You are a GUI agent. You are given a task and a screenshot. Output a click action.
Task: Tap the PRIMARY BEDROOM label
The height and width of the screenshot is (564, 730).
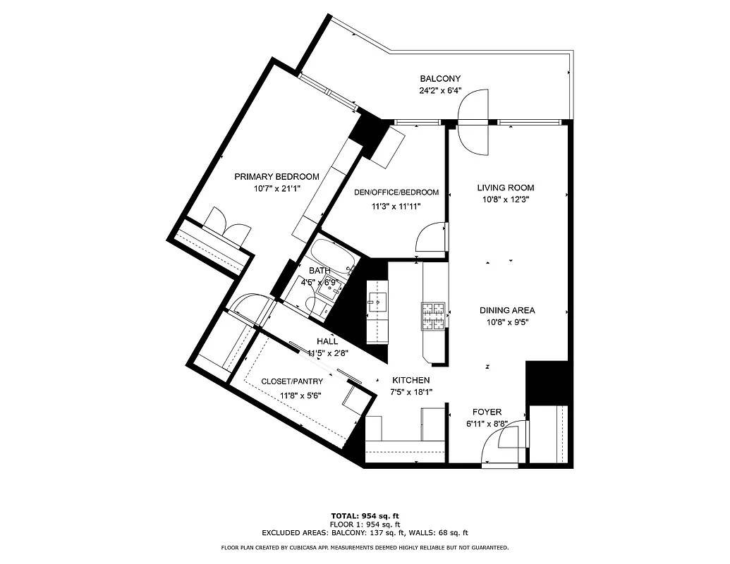click(x=276, y=177)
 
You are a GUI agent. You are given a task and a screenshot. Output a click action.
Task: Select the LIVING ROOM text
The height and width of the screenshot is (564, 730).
click(x=505, y=188)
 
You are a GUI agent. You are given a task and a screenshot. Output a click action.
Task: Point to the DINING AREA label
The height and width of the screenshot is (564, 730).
click(x=506, y=310)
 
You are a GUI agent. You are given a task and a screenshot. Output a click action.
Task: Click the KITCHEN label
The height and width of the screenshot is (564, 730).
click(x=411, y=380)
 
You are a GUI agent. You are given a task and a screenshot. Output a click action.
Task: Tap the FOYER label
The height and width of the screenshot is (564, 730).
click(x=487, y=412)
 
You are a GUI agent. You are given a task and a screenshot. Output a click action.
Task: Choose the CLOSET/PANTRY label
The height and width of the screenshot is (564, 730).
click(x=291, y=381)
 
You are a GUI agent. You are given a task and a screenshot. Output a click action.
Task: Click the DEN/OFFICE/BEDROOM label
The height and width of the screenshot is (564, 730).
click(x=396, y=192)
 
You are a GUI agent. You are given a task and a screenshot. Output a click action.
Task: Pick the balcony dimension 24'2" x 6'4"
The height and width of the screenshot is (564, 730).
click(x=440, y=90)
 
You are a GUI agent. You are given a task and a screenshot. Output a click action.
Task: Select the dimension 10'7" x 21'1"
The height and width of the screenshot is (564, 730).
click(x=276, y=188)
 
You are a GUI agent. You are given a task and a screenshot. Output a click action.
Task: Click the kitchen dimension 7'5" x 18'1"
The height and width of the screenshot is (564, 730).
click(x=411, y=392)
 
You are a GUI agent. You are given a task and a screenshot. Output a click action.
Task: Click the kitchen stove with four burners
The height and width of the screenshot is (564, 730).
click(x=433, y=315)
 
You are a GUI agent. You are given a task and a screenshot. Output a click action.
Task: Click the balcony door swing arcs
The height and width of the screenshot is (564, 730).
click(x=473, y=123)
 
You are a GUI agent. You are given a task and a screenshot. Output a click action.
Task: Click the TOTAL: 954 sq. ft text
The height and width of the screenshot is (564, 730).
click(x=365, y=515)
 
